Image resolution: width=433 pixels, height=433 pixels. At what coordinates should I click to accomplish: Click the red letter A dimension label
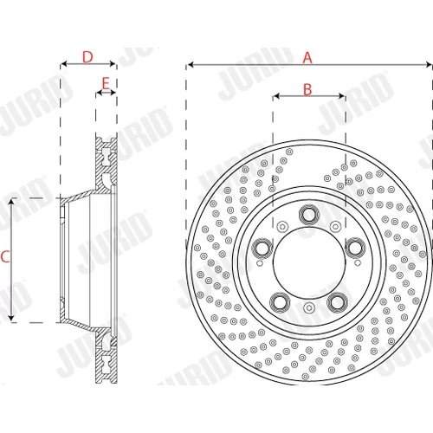coord(307,58)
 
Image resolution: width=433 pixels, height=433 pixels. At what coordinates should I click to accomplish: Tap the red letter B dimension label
coord(307,89)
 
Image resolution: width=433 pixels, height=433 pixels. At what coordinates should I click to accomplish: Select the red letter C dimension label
coord(5,256)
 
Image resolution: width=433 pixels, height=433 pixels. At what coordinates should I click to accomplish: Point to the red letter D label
coord(87,57)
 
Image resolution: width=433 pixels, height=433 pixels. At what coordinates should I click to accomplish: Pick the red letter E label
coord(106,83)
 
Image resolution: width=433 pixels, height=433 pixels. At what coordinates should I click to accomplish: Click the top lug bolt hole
coord(309,214)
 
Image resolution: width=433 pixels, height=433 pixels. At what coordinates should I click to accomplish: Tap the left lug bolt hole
coord(262,248)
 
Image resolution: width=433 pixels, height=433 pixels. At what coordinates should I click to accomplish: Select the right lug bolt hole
coord(356,248)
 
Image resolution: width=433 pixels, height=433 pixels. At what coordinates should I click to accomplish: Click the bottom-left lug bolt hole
coord(280,302)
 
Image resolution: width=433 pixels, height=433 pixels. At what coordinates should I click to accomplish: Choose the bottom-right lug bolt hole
coord(337,302)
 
